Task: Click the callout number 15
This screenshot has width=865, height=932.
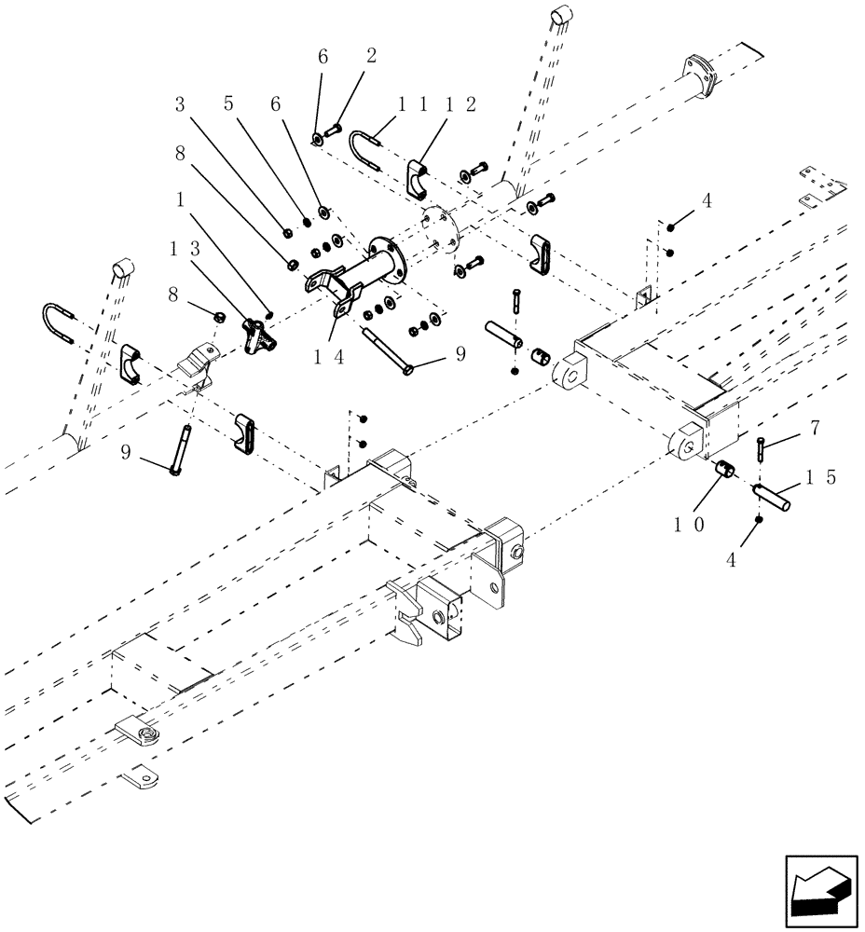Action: (x=820, y=476)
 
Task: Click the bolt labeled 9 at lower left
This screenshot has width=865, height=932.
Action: (x=182, y=449)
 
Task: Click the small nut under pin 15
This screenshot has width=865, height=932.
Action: (x=761, y=519)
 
